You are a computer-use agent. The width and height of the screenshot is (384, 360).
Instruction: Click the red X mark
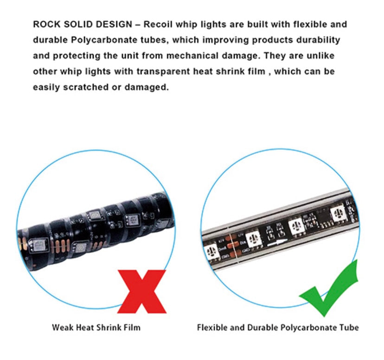pyautogui.click(x=142, y=291)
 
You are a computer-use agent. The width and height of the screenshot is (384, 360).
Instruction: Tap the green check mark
pyautogui.click(x=329, y=289)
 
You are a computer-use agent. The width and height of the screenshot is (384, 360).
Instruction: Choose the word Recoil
pyautogui.click(x=158, y=24)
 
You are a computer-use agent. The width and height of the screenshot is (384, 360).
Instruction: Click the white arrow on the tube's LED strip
pyautogui.click(x=277, y=243)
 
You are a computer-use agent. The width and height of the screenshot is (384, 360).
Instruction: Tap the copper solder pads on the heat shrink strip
pyautogui.click(x=59, y=246)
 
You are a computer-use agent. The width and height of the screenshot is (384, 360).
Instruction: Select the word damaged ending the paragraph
pyautogui.click(x=147, y=87)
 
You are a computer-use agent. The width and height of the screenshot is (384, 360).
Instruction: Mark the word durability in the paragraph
pyautogui.click(x=318, y=40)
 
